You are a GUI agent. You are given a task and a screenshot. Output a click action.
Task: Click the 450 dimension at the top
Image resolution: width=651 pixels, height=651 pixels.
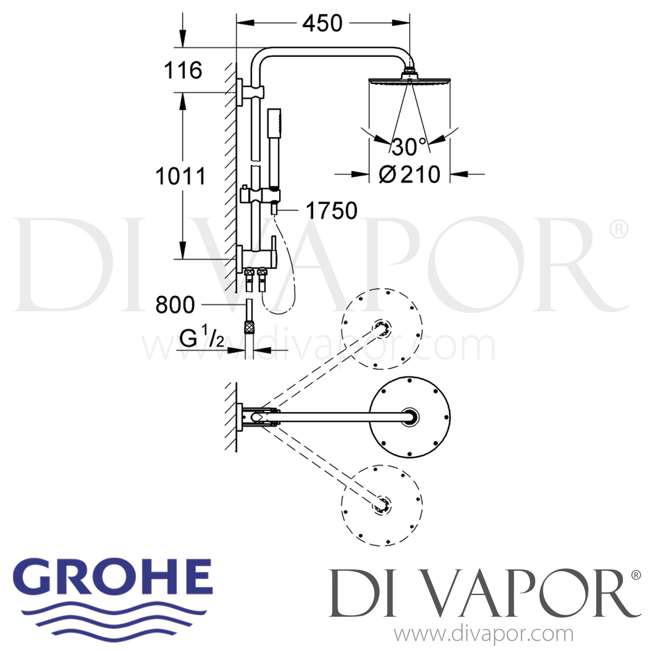pyautogui.click(x=322, y=23)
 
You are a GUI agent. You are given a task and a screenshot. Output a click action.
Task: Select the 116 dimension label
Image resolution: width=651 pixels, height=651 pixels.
pyautogui.click(x=183, y=70)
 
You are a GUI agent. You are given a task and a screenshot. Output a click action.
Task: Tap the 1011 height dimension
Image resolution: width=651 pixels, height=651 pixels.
pyautogui.click(x=180, y=177)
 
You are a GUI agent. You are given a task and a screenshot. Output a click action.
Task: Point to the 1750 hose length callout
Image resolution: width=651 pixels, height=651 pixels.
pyautogui.click(x=332, y=211)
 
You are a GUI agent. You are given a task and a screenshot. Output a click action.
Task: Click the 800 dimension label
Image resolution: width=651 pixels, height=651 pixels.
pyautogui.click(x=175, y=305)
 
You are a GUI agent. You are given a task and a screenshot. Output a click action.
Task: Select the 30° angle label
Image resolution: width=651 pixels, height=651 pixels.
pyautogui.click(x=408, y=147)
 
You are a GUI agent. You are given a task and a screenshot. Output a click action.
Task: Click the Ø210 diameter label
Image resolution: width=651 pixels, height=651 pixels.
pyautogui.click(x=409, y=174)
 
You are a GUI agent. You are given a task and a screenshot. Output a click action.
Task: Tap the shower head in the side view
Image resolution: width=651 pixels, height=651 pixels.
pyautogui.click(x=410, y=81)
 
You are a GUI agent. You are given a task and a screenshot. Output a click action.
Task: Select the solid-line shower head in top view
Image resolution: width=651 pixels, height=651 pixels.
pyautogui.click(x=410, y=417)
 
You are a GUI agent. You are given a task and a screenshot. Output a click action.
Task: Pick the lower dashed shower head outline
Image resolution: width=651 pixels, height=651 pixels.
pyautogui.click(x=382, y=505)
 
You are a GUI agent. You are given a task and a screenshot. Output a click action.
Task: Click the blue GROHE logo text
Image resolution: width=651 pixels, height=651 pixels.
pyautogui.click(x=116, y=578)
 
